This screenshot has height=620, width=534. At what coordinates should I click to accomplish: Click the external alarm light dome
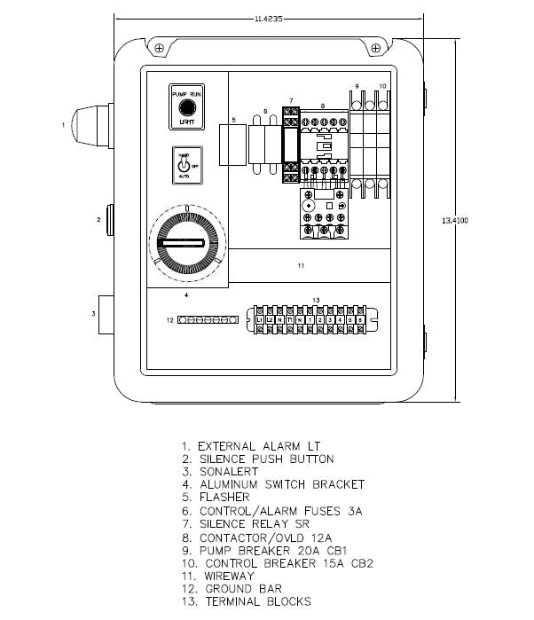[x=91, y=125]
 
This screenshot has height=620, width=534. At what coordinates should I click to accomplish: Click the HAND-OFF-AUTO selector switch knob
[x=184, y=164]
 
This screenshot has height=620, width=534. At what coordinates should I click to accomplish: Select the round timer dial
[x=187, y=242]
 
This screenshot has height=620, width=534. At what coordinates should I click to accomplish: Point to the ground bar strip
[x=208, y=319]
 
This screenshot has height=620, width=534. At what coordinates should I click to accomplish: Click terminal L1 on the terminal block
[x=259, y=318]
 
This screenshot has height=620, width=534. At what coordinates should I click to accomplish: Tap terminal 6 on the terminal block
[x=360, y=318]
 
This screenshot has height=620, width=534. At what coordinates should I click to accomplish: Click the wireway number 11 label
[x=302, y=265]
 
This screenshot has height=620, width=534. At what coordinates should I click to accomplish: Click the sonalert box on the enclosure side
[x=106, y=313]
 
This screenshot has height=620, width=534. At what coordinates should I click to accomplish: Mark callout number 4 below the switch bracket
[x=186, y=294]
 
